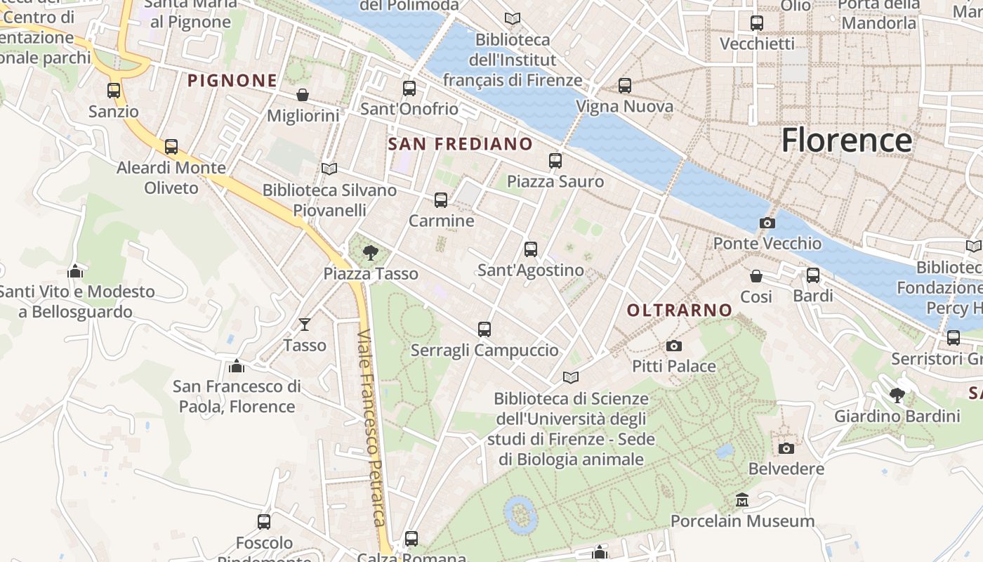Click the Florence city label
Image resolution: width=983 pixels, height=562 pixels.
pos(847,140)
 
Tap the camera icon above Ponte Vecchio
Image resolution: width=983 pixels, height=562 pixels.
pos(767,223)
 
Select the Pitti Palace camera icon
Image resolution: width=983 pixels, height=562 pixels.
pos(673,346)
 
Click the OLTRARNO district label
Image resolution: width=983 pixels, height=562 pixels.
pos(679,310)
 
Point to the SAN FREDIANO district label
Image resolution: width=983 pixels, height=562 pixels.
pos(461,144)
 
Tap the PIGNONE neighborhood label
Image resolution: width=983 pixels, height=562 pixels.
pos(232,80)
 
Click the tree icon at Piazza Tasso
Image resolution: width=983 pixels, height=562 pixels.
pos(371,253)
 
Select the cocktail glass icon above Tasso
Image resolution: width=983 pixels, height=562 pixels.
pos(304,324)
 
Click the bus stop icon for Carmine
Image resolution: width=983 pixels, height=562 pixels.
pos(441,200)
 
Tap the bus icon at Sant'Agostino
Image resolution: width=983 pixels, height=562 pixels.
pos(531,249)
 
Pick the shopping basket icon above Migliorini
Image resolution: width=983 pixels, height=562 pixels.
pos(303,95)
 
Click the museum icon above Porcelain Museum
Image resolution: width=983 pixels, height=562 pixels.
pos(742,500)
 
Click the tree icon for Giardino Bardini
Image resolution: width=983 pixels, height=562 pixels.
pos(897,396)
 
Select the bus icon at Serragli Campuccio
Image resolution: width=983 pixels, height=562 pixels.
pos(484,329)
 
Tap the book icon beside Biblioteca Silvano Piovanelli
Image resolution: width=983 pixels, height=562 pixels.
pos(329,169)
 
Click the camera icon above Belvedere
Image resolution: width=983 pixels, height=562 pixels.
pos(786,448)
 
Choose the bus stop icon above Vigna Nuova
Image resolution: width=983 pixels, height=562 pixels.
pos(624,86)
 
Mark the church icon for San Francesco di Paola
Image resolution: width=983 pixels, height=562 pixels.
pos(236,366)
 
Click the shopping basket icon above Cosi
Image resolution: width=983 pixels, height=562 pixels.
pos(756,276)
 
